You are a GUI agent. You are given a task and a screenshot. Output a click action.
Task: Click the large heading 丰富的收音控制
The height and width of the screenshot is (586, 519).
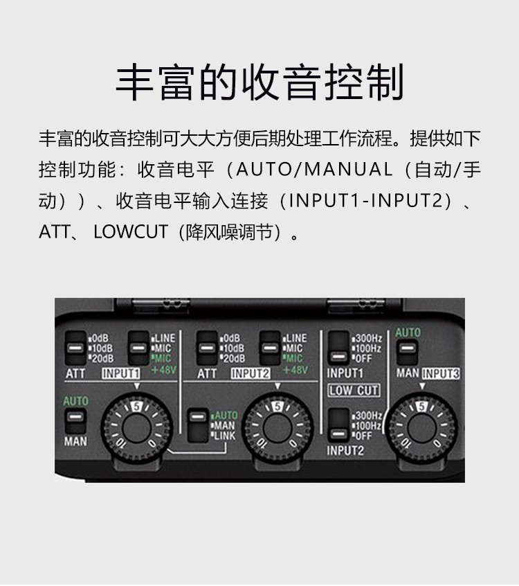pyautogui.click(x=259, y=82)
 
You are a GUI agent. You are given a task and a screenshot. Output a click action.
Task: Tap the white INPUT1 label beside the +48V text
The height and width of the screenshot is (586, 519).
pyautogui.click(x=121, y=373)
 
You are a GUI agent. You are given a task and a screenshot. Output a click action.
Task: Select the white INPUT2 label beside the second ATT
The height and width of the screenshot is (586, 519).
pyautogui.click(x=251, y=373)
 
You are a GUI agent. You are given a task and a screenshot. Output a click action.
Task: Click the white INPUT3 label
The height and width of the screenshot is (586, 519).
pyautogui.click(x=441, y=373)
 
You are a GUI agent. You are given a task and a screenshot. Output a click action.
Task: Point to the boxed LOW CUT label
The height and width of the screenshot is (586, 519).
pyautogui.click(x=354, y=391)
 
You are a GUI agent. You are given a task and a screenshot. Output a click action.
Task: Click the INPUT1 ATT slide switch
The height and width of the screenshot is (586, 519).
pyautogui.click(x=75, y=348)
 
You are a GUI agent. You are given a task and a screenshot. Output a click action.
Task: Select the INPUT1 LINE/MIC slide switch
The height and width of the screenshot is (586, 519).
pyautogui.click(x=138, y=348)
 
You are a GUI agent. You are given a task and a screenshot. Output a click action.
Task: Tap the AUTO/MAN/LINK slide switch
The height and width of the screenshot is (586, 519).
pyautogui.click(x=197, y=425)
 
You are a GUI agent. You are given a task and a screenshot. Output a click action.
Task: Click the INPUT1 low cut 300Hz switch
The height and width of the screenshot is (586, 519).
pyautogui.click(x=338, y=348)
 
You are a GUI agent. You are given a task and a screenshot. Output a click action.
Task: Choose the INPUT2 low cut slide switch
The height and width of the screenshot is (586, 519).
pyautogui.click(x=338, y=425)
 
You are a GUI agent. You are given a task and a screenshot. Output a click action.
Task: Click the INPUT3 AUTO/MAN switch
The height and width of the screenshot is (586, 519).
pyautogui.click(x=407, y=352)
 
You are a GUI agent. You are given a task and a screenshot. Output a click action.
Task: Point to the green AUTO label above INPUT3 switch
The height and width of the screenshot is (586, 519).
pyautogui.click(x=408, y=332)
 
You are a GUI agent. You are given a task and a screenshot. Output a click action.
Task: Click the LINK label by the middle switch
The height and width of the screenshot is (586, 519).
pyautogui.click(x=225, y=436)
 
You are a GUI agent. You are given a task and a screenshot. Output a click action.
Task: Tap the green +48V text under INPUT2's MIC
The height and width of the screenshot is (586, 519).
pyautogui.click(x=295, y=370)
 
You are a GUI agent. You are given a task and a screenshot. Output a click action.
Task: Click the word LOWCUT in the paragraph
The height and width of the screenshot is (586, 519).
pyautogui.click(x=130, y=232)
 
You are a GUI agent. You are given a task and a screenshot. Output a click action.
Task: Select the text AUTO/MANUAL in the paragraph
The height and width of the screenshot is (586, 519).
pyautogui.click(x=314, y=169)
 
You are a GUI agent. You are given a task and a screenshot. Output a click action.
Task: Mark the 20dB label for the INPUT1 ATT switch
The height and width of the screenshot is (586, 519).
pyautogui.click(x=102, y=358)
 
